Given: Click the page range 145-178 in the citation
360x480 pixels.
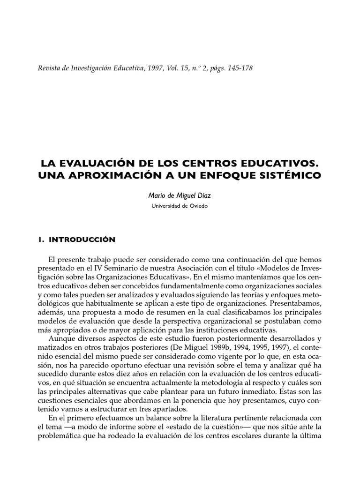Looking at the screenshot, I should [239, 68].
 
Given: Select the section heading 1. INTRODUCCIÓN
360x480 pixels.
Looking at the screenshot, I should [77, 239].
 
